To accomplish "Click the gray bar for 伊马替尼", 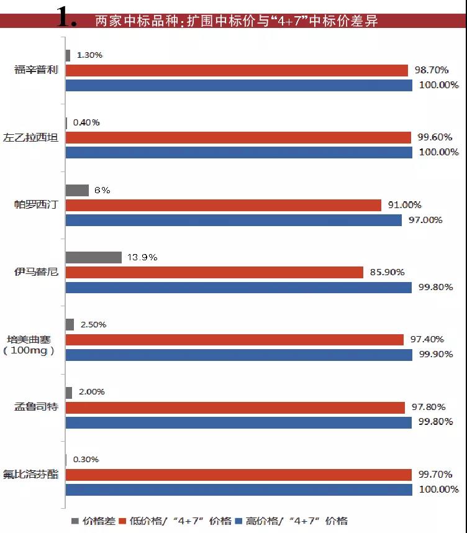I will click(93, 257).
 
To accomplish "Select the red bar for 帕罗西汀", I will click(223, 205).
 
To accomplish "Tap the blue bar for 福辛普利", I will click(238, 85).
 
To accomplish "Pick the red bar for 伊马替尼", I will click(214, 272).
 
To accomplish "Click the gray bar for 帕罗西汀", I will click(77, 190).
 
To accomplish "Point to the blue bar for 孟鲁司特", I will click(238, 422).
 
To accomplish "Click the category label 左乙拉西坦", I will click(36, 137).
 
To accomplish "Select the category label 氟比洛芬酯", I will click(36, 474).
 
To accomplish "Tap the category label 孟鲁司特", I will click(36, 407).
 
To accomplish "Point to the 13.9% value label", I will click(143, 257).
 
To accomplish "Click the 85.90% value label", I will click(387, 272).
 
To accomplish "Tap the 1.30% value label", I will click(89, 55).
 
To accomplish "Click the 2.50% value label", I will click(93, 324).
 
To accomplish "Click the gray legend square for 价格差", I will click(75, 521).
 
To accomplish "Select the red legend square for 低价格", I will click(122, 521).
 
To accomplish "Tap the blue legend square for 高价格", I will click(239, 521).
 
